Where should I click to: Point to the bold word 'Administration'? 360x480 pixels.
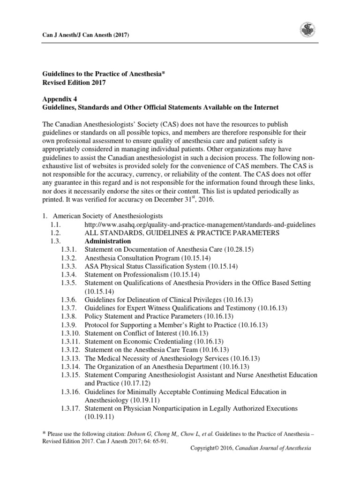pos(108,241)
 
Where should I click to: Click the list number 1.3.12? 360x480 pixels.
pos(71,350)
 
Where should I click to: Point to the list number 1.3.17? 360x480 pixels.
pos(71,408)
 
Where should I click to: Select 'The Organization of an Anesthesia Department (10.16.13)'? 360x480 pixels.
pos(166,367)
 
